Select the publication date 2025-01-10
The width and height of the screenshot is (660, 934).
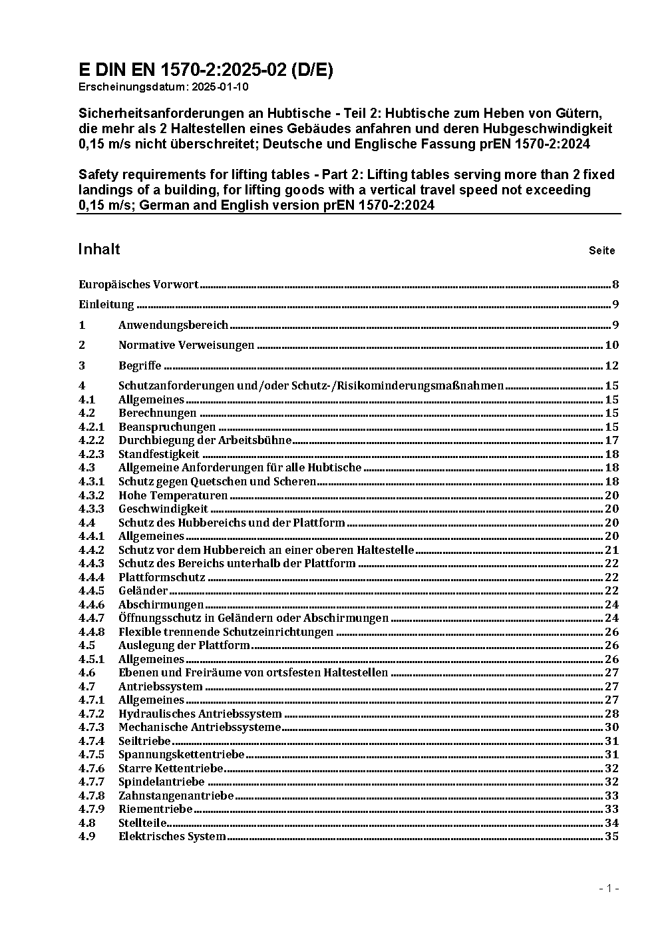pos(220,87)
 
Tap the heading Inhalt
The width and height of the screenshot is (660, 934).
pos(99,249)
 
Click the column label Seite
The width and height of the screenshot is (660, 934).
pos(601,251)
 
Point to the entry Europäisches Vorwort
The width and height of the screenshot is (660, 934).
pos(138,285)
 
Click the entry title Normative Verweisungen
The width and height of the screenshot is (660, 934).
pos(186,345)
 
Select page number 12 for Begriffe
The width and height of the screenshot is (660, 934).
pos(611,365)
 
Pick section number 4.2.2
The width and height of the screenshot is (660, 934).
pos(91,440)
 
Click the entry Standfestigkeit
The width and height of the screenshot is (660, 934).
pos(159,454)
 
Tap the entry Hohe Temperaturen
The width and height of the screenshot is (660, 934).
pos(173,495)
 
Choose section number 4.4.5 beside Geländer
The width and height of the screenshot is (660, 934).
pos(91,590)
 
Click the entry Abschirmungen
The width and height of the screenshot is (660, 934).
pos(161,604)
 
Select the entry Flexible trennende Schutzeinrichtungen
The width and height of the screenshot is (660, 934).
pos(226,632)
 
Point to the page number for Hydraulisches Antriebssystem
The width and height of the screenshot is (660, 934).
pos(611,714)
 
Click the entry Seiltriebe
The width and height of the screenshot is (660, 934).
pos(144,741)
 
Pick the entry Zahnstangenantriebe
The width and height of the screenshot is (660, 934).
pos(176,796)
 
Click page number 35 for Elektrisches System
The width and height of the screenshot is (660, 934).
pos(611,836)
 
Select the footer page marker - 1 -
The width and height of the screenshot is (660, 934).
pos(609,888)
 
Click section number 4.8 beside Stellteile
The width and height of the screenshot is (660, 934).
pos(86,823)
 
